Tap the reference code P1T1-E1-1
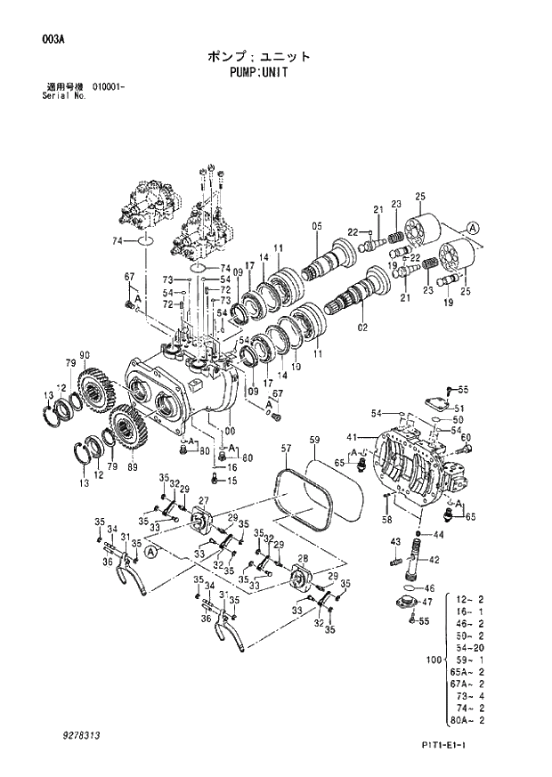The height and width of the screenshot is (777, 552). point(465,745)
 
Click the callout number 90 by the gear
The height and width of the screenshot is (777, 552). point(85,358)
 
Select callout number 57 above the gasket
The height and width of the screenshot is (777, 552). point(285,448)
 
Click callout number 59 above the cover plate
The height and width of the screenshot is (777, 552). point(314,440)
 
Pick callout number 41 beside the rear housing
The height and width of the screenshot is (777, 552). point(352,437)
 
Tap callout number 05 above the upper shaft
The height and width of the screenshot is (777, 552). point(317,226)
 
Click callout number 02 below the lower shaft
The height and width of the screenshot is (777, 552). point(362,328)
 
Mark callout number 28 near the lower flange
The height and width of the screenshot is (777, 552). point(303,560)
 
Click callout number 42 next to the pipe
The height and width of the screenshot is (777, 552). point(434,561)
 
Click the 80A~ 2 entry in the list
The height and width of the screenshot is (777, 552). point(469,719)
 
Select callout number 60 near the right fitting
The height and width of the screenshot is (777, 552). point(466,437)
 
